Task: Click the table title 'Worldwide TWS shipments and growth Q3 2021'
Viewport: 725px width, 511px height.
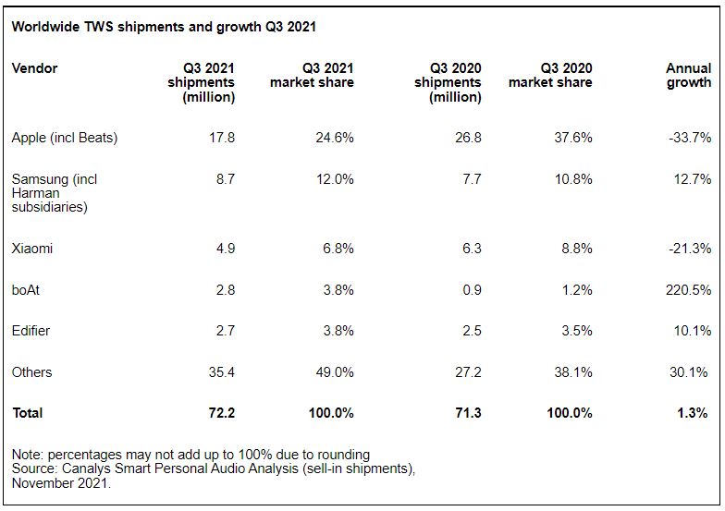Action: click(x=164, y=27)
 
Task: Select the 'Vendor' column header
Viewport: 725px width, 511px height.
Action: click(x=34, y=68)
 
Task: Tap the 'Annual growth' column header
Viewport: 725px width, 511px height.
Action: click(x=688, y=76)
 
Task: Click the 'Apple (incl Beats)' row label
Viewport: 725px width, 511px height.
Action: click(x=65, y=138)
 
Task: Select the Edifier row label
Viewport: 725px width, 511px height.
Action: click(x=31, y=331)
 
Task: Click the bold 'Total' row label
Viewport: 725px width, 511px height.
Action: click(x=28, y=413)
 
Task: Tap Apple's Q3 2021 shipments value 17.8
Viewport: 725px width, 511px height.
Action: click(x=222, y=138)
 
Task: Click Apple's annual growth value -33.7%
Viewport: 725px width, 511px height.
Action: click(x=689, y=138)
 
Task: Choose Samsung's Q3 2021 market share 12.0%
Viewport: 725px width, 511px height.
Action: click(x=334, y=179)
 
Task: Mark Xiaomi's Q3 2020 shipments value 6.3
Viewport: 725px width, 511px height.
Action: click(x=472, y=249)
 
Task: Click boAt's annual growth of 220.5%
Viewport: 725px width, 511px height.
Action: click(x=688, y=290)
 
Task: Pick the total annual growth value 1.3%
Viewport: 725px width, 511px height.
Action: click(x=692, y=413)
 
